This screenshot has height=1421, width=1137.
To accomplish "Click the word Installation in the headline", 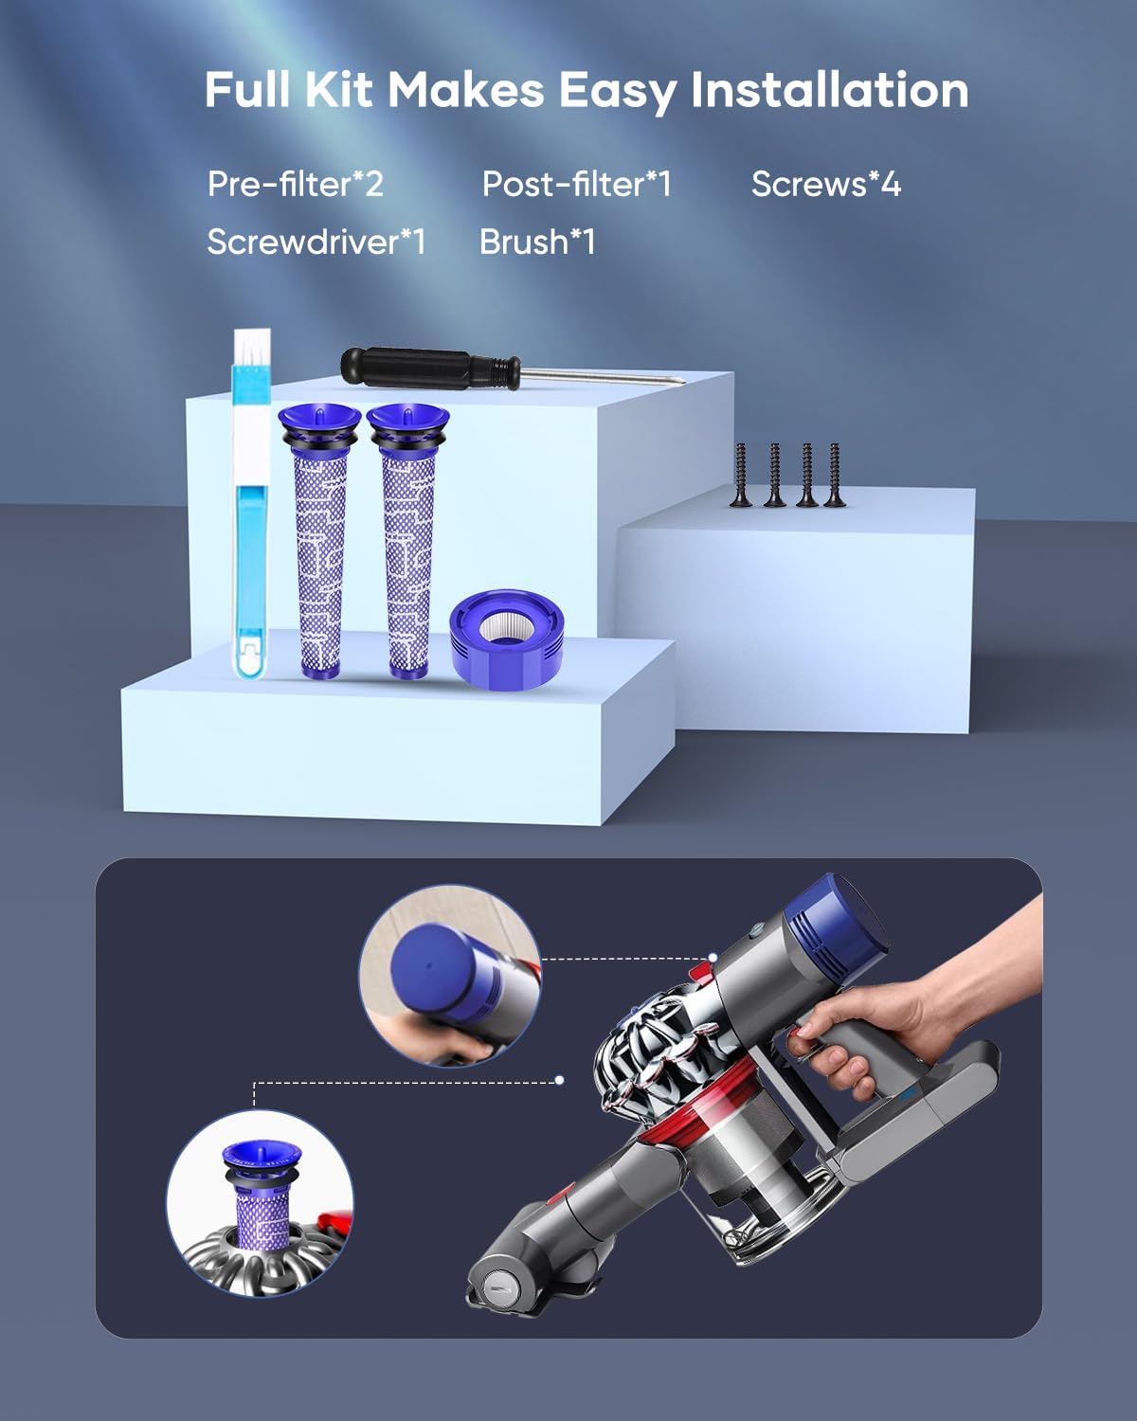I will click(829, 91).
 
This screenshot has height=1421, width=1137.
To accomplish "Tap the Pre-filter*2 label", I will click(295, 184).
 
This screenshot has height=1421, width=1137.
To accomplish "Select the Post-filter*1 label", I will click(576, 184).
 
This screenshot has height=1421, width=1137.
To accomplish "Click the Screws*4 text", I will click(825, 184).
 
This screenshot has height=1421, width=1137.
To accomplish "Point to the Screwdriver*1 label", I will click(316, 243).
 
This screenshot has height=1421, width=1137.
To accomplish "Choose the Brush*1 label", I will click(537, 243).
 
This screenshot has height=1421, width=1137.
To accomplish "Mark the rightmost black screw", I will click(835, 475).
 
